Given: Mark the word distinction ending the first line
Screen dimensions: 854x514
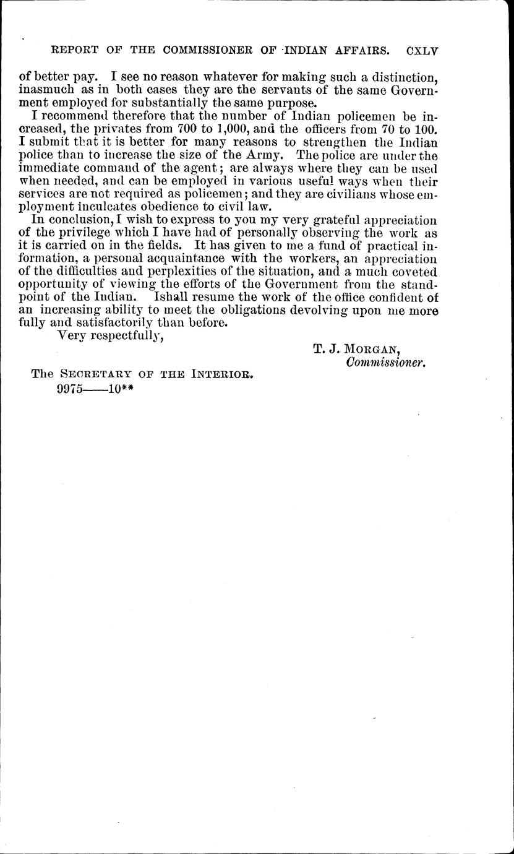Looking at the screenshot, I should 406,77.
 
